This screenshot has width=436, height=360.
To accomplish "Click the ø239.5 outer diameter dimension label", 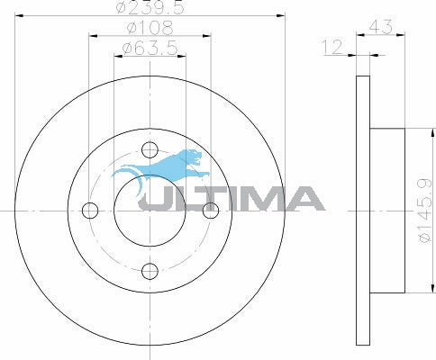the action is tap(150, 7).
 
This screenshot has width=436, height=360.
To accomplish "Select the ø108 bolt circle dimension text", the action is tap(150, 28).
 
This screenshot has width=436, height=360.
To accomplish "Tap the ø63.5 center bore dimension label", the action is tap(150, 49).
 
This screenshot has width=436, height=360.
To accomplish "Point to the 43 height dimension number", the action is tap(380, 26).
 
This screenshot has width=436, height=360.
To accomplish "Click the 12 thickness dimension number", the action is tap(332, 47).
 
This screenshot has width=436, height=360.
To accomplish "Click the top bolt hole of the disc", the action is tap(150, 149).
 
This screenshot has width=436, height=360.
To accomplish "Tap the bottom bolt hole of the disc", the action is tap(150, 272).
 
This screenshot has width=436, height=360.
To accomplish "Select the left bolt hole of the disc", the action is tap(90, 211).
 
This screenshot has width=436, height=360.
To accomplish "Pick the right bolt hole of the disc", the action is tap(211, 211).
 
